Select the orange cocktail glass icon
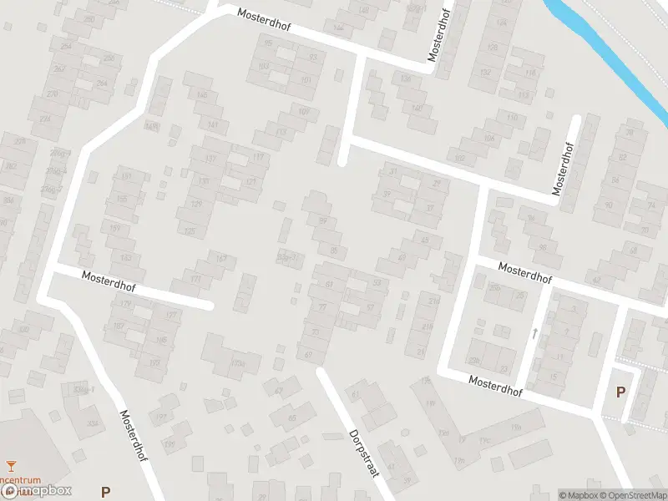click(11, 465)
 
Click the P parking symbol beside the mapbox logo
click(105, 492)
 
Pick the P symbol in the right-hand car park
click(620, 392)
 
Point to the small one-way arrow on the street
click(534, 333)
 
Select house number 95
click(268, 43)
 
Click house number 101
click(306, 80)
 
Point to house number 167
click(221, 258)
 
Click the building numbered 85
click(335, 250)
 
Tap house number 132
click(485, 73)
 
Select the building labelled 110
click(512, 118)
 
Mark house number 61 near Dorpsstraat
click(355, 394)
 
